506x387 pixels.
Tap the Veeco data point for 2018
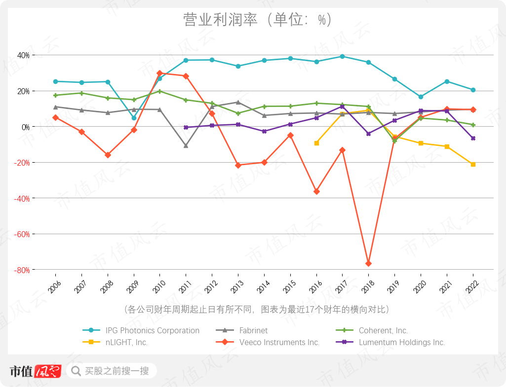(368, 264)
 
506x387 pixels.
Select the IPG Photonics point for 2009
(134, 118)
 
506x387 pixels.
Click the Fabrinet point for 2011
(186, 146)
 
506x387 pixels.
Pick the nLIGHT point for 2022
(473, 164)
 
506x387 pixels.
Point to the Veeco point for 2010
(159, 73)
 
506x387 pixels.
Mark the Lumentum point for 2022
(473, 139)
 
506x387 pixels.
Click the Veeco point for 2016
(316, 191)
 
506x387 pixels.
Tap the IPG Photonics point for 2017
(342, 56)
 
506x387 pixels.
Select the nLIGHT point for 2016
(316, 143)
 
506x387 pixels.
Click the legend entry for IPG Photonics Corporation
(152, 330)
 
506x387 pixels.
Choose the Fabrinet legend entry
(253, 330)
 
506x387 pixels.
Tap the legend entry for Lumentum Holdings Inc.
(402, 342)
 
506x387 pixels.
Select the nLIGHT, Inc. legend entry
(126, 342)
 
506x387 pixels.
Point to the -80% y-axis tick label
(22, 270)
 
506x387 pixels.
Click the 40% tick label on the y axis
(23, 55)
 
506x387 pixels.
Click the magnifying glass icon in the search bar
(76, 371)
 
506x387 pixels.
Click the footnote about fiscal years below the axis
(257, 310)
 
